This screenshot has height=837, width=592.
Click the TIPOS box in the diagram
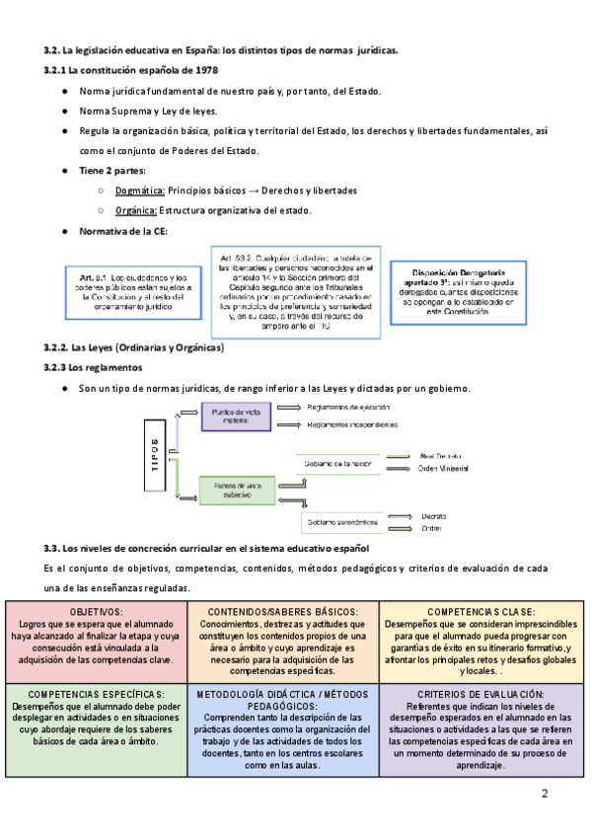point(155,456)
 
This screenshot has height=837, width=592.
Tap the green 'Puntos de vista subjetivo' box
point(236,491)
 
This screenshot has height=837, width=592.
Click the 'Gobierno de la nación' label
point(338,463)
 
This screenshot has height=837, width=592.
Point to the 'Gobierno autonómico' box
point(340,521)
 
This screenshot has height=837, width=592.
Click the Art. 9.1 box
point(128,292)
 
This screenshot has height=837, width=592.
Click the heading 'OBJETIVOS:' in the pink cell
point(96,612)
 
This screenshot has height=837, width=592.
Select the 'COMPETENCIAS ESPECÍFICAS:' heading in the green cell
point(96,695)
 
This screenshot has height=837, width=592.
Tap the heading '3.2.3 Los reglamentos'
point(93,367)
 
